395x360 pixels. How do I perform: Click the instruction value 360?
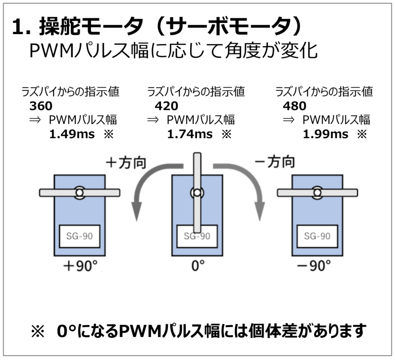point(41,106)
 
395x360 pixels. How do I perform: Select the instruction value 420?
point(166,106)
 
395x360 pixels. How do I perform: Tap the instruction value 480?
point(294,106)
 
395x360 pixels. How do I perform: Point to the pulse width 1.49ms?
point(72,134)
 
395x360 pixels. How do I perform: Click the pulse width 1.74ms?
point(190,134)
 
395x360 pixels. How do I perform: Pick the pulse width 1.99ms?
point(325,134)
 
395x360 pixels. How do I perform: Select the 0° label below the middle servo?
point(198,266)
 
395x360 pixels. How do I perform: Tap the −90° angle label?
point(313,266)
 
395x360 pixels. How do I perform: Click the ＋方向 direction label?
point(126,162)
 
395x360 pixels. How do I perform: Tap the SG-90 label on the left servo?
point(79,236)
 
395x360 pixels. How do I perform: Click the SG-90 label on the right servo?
point(317,236)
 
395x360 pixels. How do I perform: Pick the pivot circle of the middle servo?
point(197,193)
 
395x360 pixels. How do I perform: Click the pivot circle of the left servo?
point(79,192)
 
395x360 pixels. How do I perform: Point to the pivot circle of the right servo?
point(317,192)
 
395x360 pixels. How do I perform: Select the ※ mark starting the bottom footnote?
point(37,331)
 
